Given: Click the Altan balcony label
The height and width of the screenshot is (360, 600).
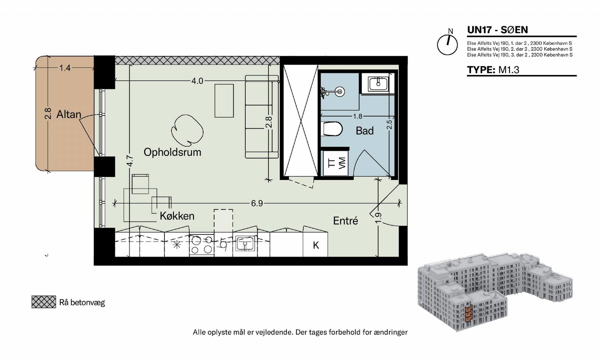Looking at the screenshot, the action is pos(69,115).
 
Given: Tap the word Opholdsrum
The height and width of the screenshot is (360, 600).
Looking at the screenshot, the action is pos(172,152).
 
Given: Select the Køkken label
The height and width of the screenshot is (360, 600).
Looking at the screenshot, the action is pos(177,216).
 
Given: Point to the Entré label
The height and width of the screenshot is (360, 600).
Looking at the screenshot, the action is pos(345,221).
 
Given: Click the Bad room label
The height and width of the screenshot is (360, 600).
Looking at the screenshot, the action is pos(364,131).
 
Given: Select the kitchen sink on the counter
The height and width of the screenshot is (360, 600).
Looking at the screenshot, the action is pos(245,243).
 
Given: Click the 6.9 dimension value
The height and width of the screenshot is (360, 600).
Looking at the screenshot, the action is pos(257,204).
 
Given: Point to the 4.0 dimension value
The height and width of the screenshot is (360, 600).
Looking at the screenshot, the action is pos(197,81).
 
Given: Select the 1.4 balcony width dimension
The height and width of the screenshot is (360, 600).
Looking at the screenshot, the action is pos(65,68).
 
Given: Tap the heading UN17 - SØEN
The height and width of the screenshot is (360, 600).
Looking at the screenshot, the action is pos(497,30).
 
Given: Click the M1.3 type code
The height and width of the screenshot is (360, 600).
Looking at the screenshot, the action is pos(508,70).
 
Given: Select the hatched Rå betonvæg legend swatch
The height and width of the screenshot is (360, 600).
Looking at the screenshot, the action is pos(43,302).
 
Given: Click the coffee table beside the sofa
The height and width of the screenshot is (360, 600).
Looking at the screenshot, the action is pos(224,101).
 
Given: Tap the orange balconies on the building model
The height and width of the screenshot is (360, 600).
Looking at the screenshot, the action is pos(468,313).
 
